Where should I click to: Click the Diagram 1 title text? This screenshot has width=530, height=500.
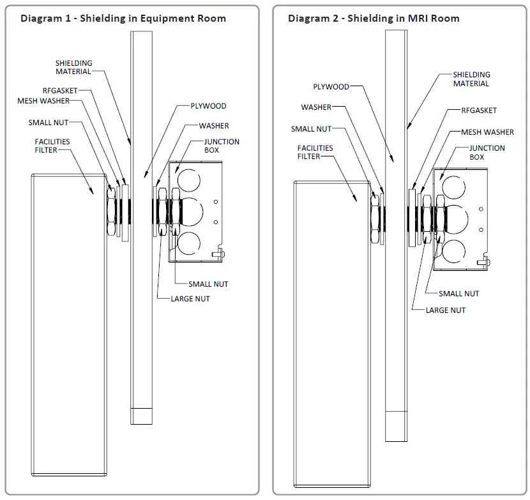point(123,18)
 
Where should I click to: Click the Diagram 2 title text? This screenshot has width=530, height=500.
point(374,18)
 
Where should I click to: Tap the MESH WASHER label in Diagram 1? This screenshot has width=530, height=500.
point(43,100)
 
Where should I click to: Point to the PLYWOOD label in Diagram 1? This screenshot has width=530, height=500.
point(208,106)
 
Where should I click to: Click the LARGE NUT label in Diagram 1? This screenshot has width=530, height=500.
point(190,298)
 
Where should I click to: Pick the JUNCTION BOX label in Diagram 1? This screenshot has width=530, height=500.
point(222,146)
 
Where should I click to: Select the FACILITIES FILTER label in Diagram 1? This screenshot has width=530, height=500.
point(52,146)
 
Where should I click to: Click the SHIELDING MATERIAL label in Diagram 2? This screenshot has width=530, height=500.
point(471,79)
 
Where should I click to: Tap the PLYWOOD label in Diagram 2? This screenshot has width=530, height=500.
point(331,87)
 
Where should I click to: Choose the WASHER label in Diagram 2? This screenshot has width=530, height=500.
point(316,107)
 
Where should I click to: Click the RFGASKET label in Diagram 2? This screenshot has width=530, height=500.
point(479,110)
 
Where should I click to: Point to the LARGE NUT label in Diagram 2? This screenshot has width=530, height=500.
point(446,310)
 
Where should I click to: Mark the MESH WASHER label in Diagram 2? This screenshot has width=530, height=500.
point(487,132)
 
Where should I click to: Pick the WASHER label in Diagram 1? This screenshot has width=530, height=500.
point(213,126)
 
